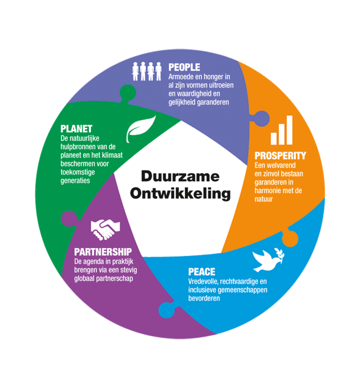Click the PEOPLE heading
[184, 67]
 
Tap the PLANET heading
[76, 128]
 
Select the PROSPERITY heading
[280, 155]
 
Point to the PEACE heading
[202, 272]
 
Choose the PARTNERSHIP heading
[103, 251]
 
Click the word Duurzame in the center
[181, 176]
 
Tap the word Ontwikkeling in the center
[181, 194]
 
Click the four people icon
[147, 71]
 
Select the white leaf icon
[141, 129]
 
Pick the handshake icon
[105, 230]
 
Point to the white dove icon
[268, 260]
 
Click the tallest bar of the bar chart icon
[289, 130]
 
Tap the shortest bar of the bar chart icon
[274, 138]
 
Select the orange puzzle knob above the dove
[290, 238]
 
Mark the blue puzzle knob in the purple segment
[167, 310]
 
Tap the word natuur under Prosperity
[263, 199]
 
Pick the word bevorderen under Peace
[204, 298]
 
